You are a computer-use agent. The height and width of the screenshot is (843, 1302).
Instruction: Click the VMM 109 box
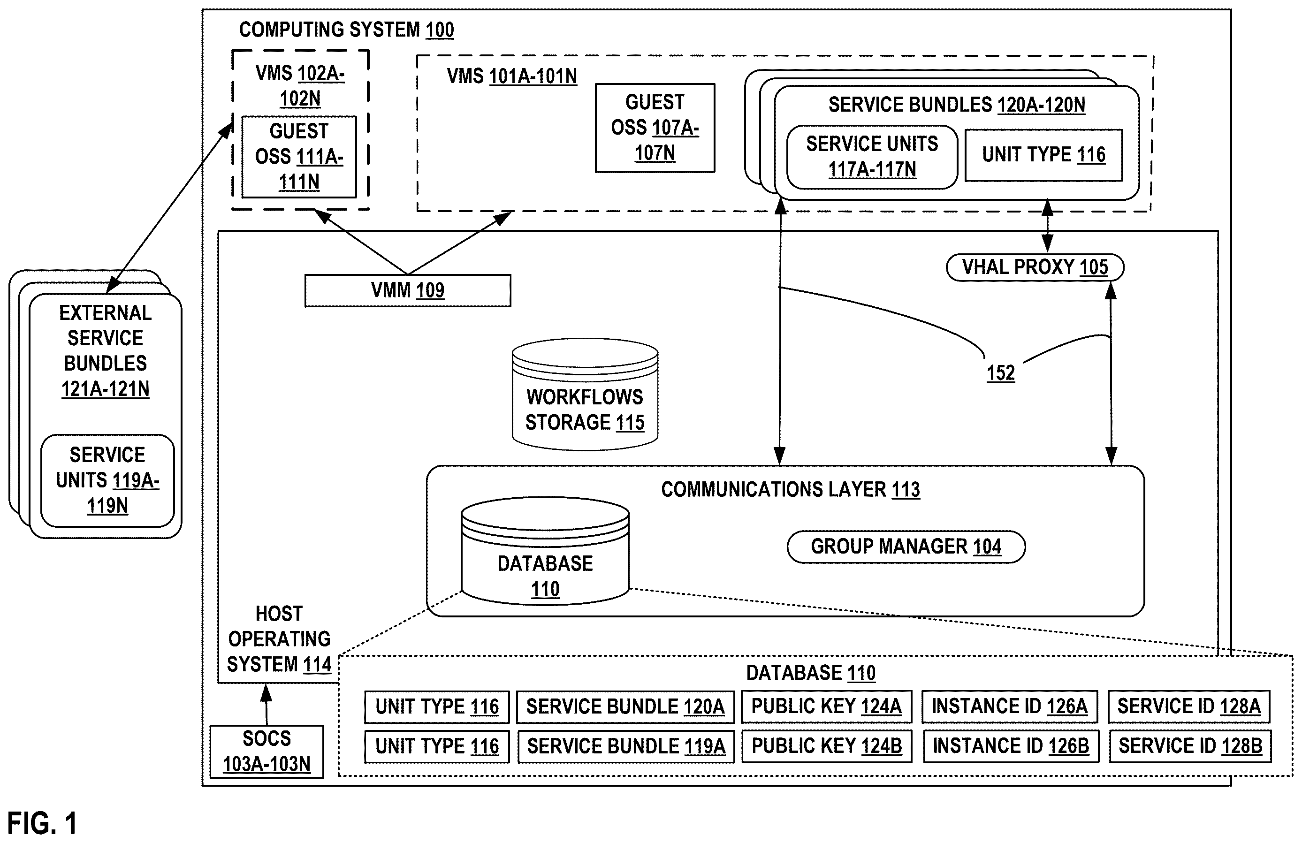(408, 290)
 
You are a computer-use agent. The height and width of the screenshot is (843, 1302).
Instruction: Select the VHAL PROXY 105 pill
(1035, 267)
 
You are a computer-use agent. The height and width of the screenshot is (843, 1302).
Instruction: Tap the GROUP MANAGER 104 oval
(906, 547)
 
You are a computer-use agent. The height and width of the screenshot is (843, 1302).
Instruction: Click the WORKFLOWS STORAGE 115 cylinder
(585, 395)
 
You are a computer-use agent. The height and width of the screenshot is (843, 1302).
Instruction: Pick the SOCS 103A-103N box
(267, 751)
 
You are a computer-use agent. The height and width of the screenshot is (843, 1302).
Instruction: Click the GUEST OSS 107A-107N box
(655, 128)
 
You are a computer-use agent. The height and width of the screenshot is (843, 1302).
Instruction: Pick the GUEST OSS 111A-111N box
(299, 157)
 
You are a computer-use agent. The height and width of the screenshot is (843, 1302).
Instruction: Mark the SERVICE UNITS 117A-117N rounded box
(872, 157)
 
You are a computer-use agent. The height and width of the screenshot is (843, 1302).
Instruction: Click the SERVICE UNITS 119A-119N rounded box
(108, 480)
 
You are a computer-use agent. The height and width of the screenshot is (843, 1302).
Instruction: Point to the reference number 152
(1001, 373)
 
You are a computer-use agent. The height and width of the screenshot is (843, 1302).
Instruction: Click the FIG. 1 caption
(42, 823)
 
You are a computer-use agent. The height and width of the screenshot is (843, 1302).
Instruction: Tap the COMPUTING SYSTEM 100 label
(346, 30)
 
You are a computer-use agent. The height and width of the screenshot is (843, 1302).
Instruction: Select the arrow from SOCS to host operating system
(266, 705)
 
